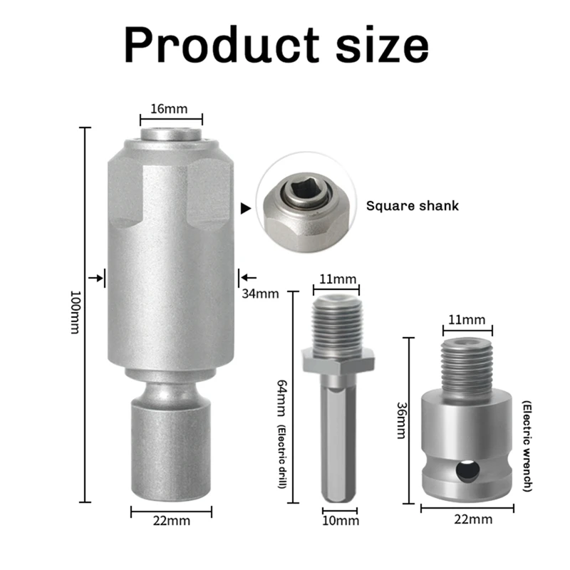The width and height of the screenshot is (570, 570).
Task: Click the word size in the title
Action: [383, 45]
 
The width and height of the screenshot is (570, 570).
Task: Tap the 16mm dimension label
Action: [169, 109]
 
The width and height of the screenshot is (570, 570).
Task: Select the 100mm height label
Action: [75, 312]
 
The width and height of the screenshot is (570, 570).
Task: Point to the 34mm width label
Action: [260, 294]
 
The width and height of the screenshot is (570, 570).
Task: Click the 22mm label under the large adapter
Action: [172, 521]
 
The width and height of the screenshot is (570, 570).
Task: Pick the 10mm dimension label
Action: [341, 521]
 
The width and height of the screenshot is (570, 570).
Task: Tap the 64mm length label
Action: [282, 398]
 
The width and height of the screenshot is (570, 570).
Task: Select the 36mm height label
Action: [401, 420]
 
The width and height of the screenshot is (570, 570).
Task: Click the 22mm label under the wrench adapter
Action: [473, 519]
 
